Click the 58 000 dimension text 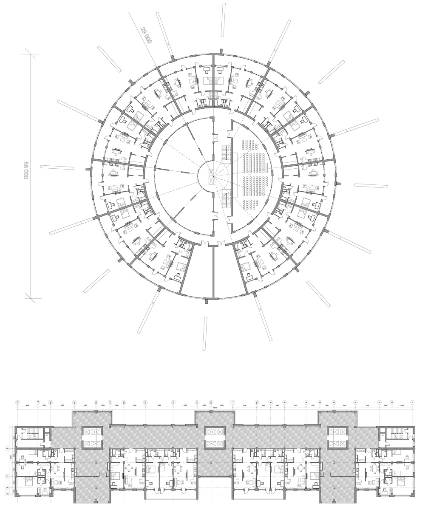(25, 170)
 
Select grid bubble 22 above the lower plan (18, 402)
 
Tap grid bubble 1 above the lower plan (412, 402)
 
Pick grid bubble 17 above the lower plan (110, 402)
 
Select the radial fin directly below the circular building (206, 334)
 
